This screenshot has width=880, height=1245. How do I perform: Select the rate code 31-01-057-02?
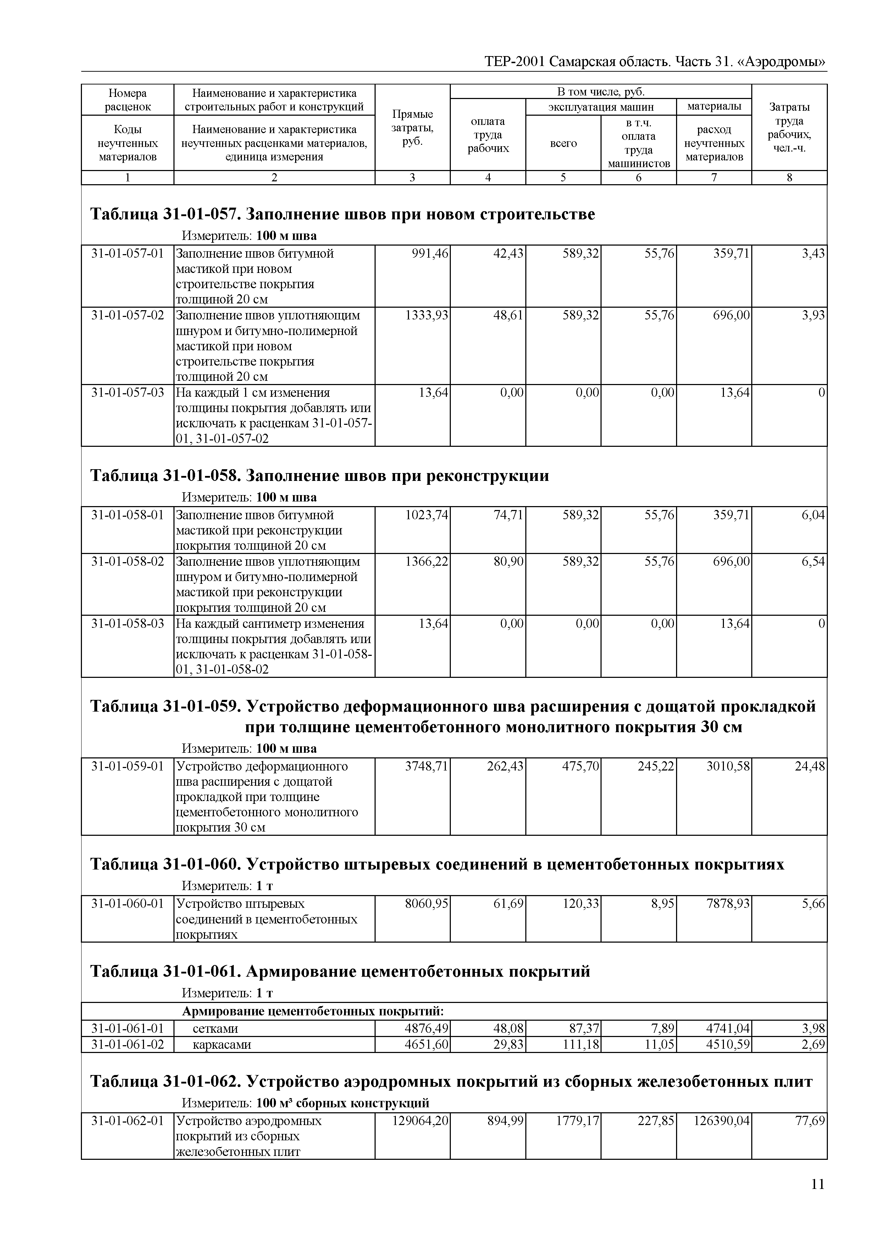127,315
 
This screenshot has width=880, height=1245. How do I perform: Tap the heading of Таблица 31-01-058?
319,476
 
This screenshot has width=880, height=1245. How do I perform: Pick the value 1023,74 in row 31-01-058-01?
426,515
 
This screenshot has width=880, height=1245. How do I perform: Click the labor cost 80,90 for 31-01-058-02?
508,561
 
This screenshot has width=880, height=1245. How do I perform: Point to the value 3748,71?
426,766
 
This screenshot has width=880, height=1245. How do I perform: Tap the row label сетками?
215,1029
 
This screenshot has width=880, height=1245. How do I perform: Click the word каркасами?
222,1044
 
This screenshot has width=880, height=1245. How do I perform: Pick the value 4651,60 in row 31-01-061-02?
426,1044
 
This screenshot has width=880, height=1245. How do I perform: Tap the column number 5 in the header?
563,177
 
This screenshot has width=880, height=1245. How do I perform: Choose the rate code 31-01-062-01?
127,1121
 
